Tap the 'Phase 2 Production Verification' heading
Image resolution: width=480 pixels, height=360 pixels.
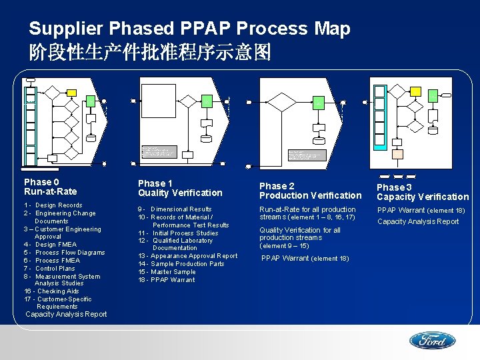point(310,191)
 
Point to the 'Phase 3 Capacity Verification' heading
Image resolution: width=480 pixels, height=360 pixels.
point(423,192)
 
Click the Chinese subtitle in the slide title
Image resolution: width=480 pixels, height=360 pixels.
point(150,53)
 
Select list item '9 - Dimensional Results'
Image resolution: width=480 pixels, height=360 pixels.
point(175,209)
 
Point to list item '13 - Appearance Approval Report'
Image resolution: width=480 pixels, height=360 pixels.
point(187,256)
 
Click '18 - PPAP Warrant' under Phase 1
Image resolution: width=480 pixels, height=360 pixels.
point(167,280)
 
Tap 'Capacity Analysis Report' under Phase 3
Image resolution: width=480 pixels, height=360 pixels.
point(418,221)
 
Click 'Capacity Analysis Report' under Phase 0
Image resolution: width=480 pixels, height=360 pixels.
point(66,314)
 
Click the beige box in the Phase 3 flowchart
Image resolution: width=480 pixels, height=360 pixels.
point(397,153)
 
